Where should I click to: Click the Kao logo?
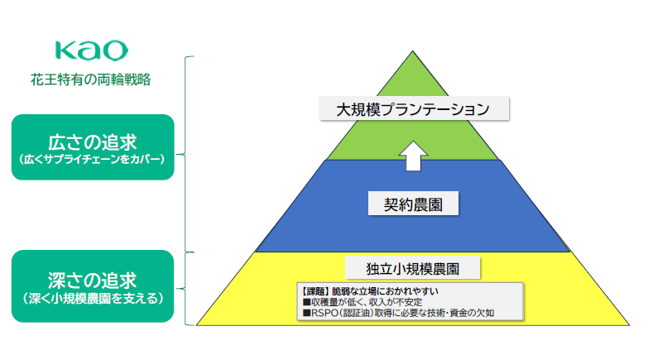[x=91, y=50]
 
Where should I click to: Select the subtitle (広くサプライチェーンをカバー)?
[x=93, y=157]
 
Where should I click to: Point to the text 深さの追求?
[x=93, y=279]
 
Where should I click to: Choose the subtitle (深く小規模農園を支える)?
[x=93, y=296]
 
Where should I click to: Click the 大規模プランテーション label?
[x=414, y=108]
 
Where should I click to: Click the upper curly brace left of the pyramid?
[x=190, y=154]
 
